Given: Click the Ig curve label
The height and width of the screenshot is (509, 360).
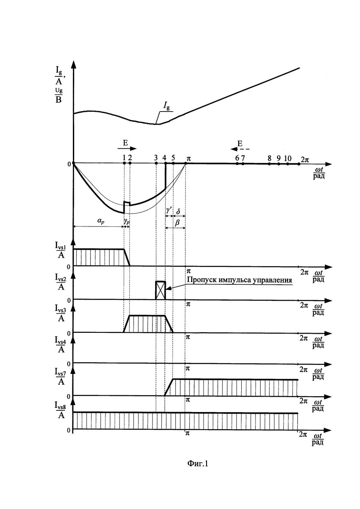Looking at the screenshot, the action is [167, 106].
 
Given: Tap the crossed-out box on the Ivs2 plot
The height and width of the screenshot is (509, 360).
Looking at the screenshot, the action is [161, 290].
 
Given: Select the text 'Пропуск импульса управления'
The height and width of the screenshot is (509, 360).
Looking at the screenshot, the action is [240, 280].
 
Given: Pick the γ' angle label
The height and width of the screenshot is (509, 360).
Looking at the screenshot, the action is [169, 211].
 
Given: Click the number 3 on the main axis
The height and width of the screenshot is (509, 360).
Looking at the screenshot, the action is [156, 158].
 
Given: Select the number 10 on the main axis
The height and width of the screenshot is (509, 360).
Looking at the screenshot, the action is [287, 158].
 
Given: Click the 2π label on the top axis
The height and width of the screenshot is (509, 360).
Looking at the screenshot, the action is [305, 160].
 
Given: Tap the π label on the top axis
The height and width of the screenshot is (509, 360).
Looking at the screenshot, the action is [189, 159].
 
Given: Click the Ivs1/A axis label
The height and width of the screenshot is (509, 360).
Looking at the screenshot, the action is [61, 251].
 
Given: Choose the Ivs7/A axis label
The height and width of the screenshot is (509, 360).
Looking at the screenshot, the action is [61, 377].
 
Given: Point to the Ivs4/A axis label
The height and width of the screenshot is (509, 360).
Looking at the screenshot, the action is [61, 345].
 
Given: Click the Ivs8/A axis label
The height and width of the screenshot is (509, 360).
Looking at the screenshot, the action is [61, 410].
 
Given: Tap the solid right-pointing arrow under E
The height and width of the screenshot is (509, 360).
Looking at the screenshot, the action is [127, 148].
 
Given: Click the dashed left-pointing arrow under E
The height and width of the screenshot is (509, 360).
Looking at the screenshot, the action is [240, 149].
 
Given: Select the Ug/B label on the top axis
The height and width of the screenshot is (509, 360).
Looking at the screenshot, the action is [58, 95].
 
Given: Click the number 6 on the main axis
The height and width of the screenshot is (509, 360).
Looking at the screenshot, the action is [237, 158].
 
